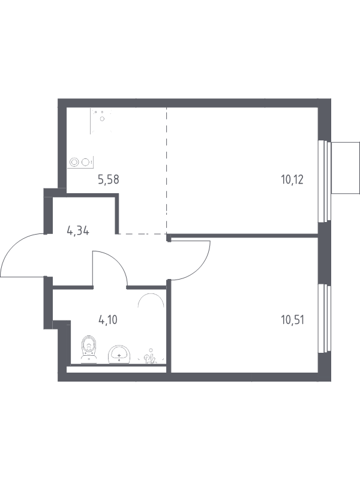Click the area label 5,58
pos(109,179)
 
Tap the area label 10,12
pos(292,179)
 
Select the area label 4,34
pos(78,231)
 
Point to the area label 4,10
pos(108,320)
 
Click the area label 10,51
pos(292,320)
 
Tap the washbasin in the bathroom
pos(119,355)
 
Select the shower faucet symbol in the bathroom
pos(151,357)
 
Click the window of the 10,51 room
pos(325,319)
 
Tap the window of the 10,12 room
pos(325,181)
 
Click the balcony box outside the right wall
pos(345,168)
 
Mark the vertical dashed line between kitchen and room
pos(167,170)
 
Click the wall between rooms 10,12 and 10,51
pos(244,235)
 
